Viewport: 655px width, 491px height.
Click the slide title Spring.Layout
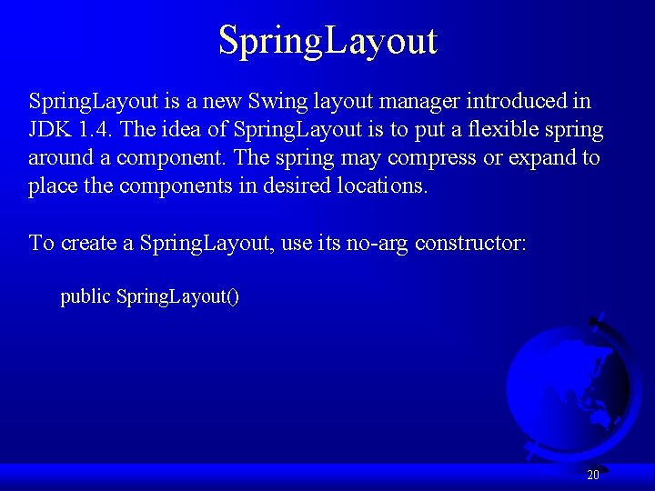(327, 41)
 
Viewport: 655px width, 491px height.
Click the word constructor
(470, 243)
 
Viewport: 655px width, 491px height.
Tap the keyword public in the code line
(86, 297)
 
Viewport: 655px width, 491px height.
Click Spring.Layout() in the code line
(178, 297)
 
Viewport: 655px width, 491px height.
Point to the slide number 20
(593, 475)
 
